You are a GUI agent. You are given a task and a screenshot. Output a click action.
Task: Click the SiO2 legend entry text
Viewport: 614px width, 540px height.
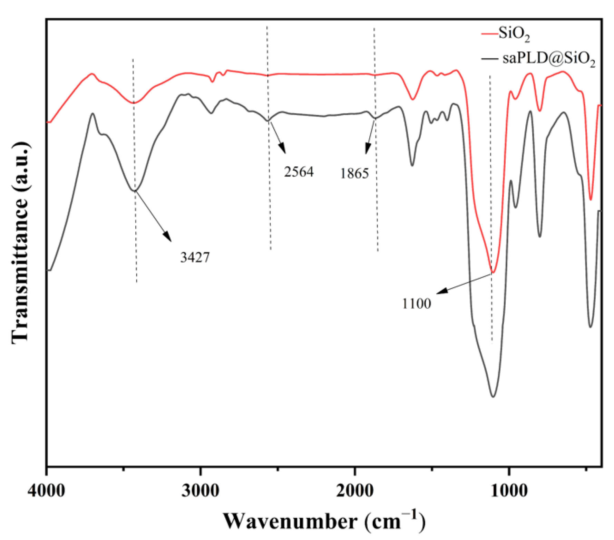click(x=514, y=35)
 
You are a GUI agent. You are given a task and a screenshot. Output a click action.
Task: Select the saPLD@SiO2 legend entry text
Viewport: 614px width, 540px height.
click(x=548, y=59)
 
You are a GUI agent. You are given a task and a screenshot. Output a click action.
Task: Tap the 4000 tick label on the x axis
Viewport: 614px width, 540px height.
click(x=46, y=490)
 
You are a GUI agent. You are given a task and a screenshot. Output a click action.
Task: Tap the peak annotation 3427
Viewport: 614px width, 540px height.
click(x=195, y=258)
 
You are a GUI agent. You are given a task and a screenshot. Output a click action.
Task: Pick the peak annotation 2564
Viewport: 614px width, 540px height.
click(x=299, y=172)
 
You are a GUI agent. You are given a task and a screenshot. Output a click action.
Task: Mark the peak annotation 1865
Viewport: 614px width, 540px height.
click(x=354, y=173)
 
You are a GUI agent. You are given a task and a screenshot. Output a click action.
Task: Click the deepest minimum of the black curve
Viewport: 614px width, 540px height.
click(x=493, y=396)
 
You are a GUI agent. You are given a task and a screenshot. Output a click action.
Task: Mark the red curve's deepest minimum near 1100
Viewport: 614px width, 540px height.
click(x=494, y=272)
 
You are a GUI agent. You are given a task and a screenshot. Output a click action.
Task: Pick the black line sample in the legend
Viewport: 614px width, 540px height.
click(x=489, y=59)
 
